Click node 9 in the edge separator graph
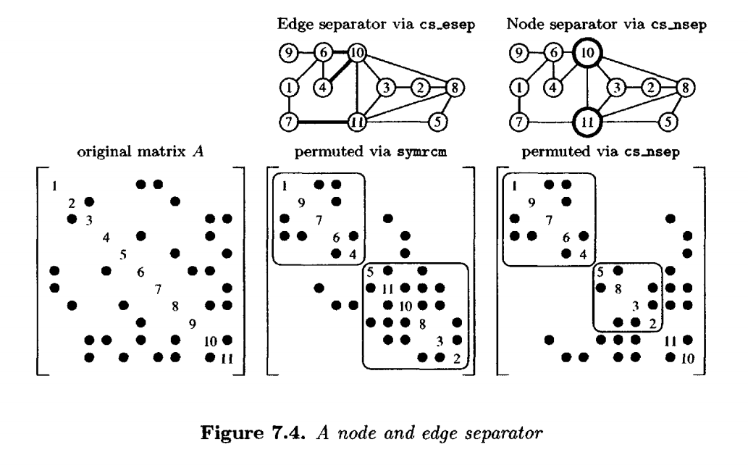point(287,53)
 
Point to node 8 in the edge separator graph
point(455,88)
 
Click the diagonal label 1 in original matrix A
point(54,185)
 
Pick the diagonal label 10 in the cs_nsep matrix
point(687,357)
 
